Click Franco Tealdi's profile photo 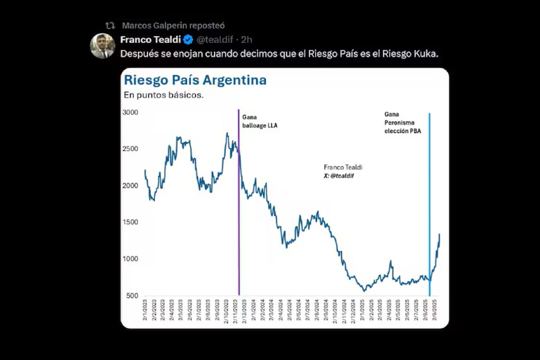pyautogui.click(x=102, y=46)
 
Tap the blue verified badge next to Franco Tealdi pyautogui.click(x=188, y=39)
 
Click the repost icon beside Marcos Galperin pyautogui.click(x=110, y=25)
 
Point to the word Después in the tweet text pyautogui.click(x=138, y=53)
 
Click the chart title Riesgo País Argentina pyautogui.click(x=195, y=80)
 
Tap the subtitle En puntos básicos pyautogui.click(x=163, y=95)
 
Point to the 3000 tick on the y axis pyautogui.click(x=130, y=112)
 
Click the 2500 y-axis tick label pyautogui.click(x=130, y=149)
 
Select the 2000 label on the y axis pyautogui.click(x=130, y=186)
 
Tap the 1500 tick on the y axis pyautogui.click(x=130, y=222)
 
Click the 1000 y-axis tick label pyautogui.click(x=130, y=259)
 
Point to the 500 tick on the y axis pyautogui.click(x=132, y=296)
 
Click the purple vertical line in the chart pyautogui.click(x=239, y=208)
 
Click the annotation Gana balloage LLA pyautogui.click(x=260, y=121)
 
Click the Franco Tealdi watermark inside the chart pyautogui.click(x=343, y=172)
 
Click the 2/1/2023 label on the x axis pyautogui.click(x=145, y=312)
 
